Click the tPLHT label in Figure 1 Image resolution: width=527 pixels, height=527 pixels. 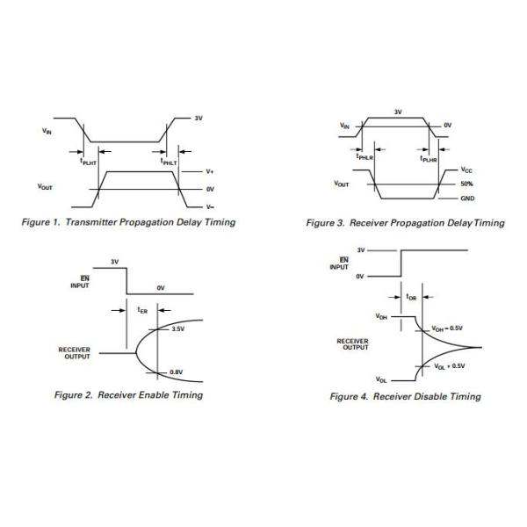pyautogui.click(x=88, y=162)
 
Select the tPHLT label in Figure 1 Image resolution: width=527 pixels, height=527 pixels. pyautogui.click(x=169, y=162)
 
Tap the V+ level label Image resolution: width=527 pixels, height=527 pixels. pyautogui.click(x=209, y=171)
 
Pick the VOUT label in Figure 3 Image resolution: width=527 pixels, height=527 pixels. pyautogui.click(x=341, y=184)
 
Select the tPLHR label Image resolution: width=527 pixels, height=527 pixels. pyautogui.click(x=428, y=158)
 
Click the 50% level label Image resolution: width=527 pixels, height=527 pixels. pyautogui.click(x=466, y=184)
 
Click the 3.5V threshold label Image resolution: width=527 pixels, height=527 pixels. pyautogui.click(x=177, y=329)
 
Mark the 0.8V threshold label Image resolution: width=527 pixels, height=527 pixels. pyautogui.click(x=176, y=372)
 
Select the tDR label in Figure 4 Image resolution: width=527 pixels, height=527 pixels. pyautogui.click(x=412, y=297)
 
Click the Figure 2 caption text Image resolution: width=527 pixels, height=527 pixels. pyautogui.click(x=128, y=395)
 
